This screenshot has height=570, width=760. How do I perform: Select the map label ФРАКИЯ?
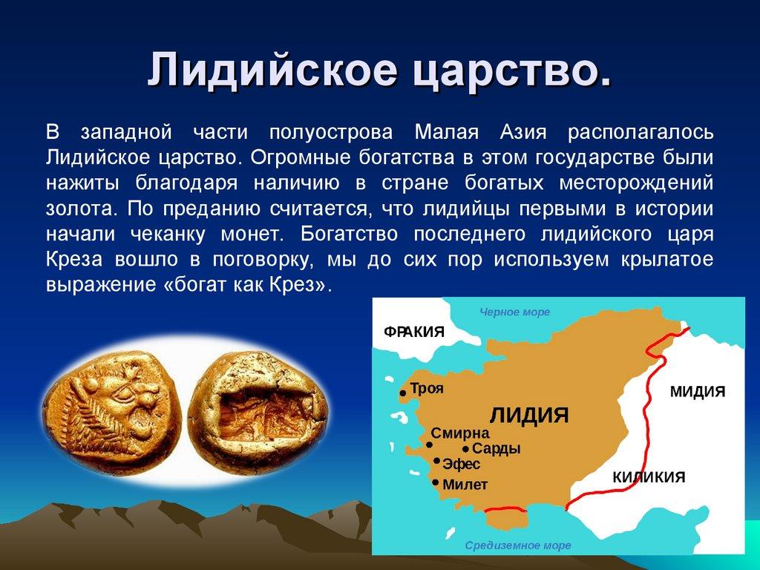[x=413, y=331]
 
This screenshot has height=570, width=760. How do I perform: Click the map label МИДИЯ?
[x=697, y=391]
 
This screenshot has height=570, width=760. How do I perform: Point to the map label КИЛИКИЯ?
[x=648, y=477]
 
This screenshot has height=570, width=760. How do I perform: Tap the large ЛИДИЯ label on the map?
[x=529, y=413]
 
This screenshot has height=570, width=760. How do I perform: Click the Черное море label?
[x=514, y=312]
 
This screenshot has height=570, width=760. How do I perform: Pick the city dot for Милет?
[x=434, y=482]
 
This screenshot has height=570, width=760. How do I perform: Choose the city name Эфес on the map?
[x=461, y=465]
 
